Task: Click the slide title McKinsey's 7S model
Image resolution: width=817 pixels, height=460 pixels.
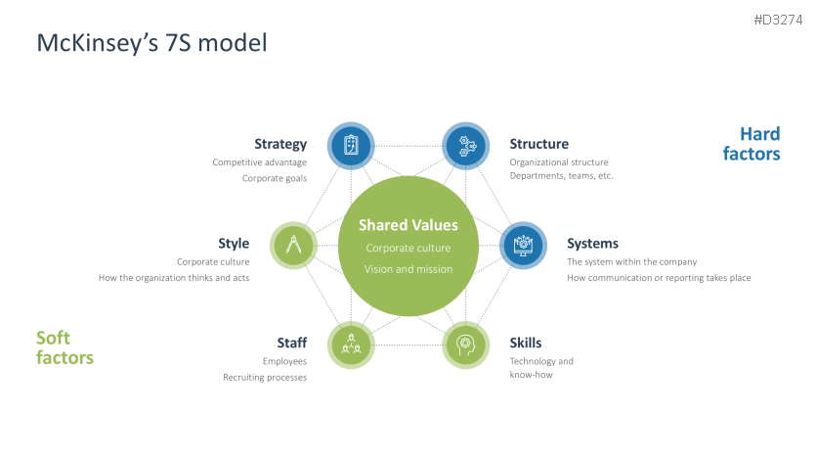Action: click(150, 43)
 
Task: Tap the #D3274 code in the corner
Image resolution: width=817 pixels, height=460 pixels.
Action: click(780, 20)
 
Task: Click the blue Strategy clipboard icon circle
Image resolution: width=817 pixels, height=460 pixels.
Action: click(351, 146)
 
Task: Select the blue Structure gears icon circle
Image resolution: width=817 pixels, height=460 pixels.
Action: click(466, 146)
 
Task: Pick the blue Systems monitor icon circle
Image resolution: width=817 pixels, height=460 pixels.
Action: click(523, 245)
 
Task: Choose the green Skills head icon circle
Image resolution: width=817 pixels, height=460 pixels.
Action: click(465, 345)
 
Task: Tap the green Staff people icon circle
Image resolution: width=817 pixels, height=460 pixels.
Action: click(350, 345)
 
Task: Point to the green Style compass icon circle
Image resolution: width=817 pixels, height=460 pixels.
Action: click(293, 245)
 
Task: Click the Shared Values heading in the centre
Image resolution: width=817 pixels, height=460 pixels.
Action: click(408, 225)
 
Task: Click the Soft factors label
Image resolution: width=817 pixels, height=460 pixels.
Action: click(64, 347)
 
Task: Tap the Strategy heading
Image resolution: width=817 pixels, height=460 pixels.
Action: click(280, 144)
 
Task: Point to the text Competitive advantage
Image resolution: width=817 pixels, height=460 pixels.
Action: click(260, 162)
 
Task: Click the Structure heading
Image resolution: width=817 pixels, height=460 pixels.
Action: click(538, 144)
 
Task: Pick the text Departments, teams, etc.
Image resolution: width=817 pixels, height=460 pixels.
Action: click(561, 176)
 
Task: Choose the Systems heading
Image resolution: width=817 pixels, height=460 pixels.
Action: click(592, 244)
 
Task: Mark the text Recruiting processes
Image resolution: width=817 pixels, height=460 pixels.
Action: click(265, 377)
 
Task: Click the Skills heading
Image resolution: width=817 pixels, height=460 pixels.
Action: click(526, 343)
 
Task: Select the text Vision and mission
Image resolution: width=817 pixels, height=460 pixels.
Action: click(408, 269)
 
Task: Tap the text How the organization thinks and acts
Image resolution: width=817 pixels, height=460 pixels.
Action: click(174, 278)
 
